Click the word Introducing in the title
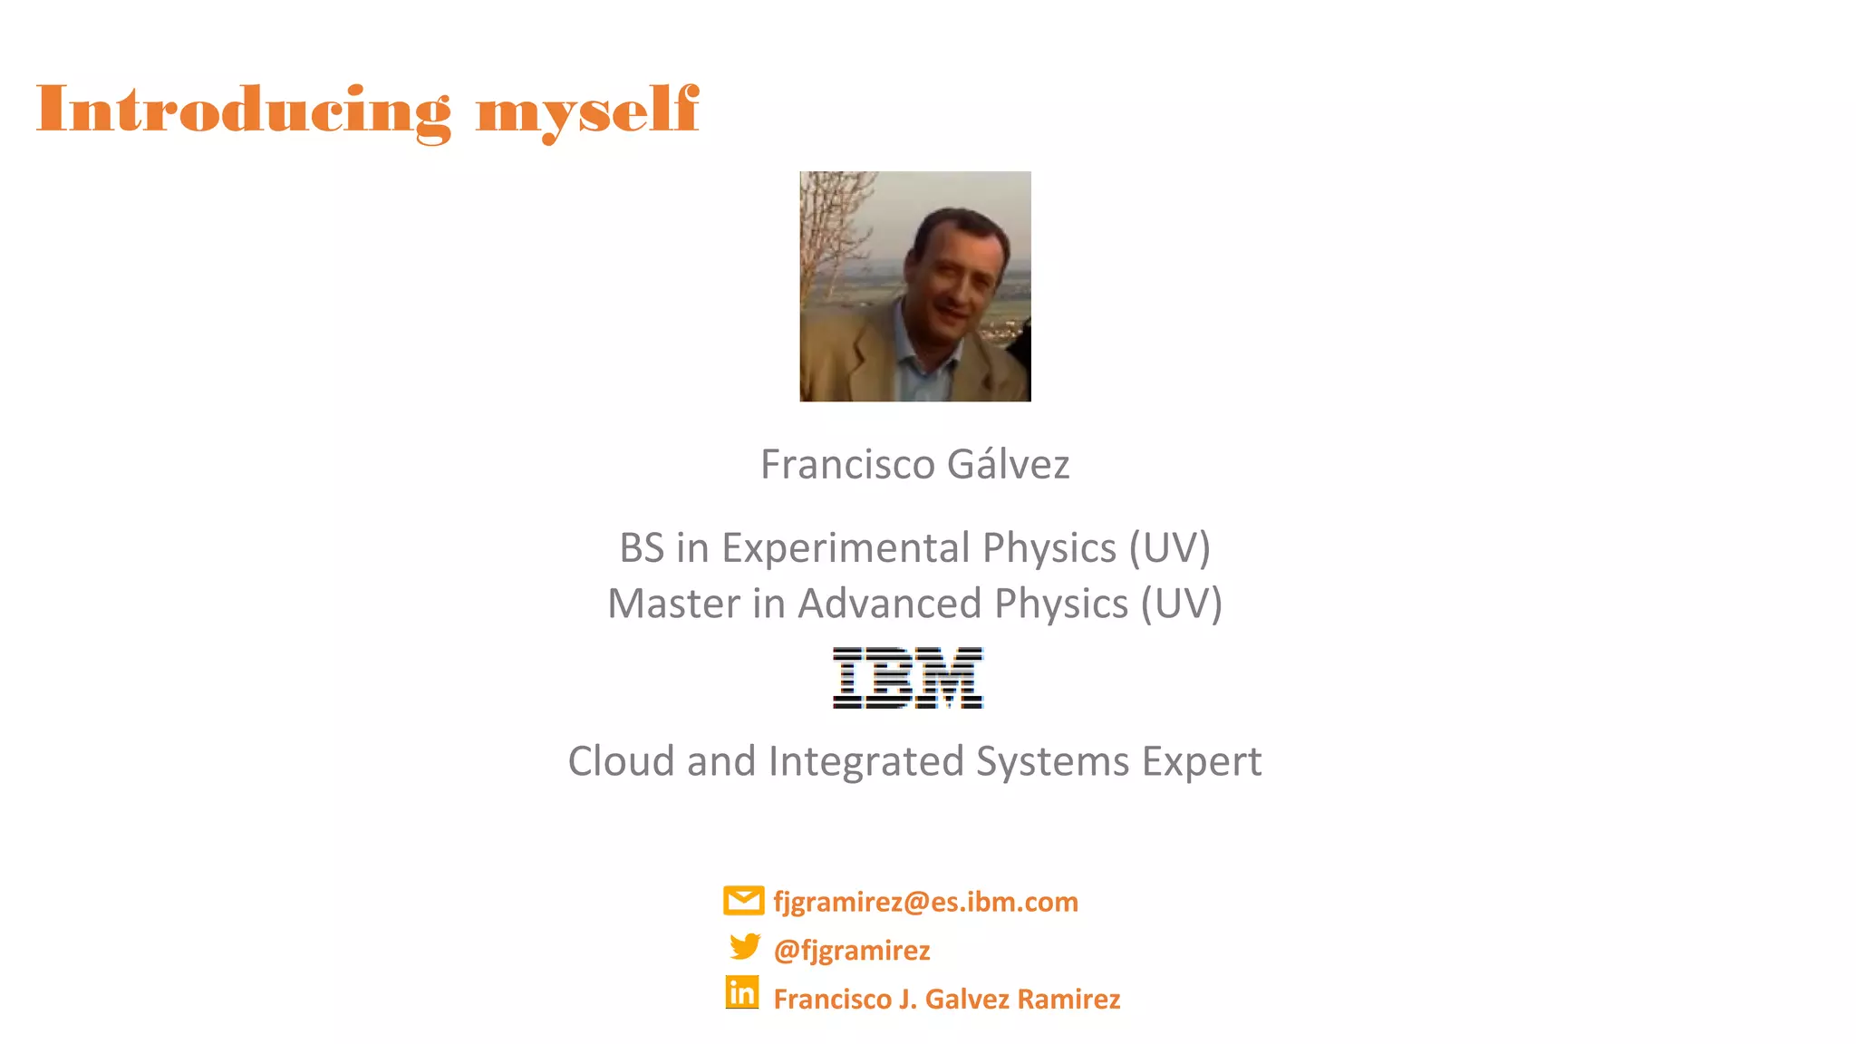click(x=243, y=111)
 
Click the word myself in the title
click(x=587, y=111)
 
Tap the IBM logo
click(x=908, y=678)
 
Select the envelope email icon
click(x=743, y=901)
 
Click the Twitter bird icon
click(x=745, y=947)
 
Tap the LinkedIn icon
click(x=742, y=993)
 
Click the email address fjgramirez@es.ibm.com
click(x=925, y=902)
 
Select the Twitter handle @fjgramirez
click(x=852, y=950)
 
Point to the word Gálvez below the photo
click(x=1008, y=464)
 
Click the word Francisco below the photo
click(x=847, y=464)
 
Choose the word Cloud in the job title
click(x=621, y=761)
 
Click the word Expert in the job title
click(x=1202, y=761)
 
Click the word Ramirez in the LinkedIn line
click(x=1068, y=999)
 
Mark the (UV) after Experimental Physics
click(x=1169, y=548)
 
